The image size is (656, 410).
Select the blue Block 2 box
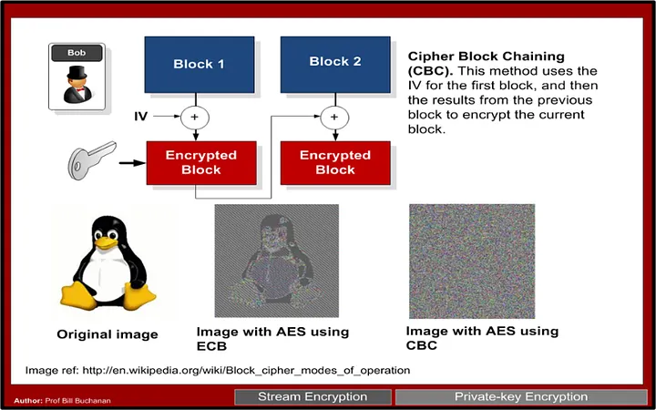pos(334,62)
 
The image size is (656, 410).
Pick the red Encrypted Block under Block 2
pos(334,162)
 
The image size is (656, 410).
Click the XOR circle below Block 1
pos(195,117)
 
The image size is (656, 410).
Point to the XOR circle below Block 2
pos(334,117)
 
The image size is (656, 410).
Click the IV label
pos(141,117)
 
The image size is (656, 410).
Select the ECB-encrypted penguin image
pos(276,261)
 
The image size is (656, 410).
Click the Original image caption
pos(107,334)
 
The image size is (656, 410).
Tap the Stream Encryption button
pos(313,397)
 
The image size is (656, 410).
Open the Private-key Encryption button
pos(521,397)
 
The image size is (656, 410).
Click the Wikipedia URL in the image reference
pos(247,370)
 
